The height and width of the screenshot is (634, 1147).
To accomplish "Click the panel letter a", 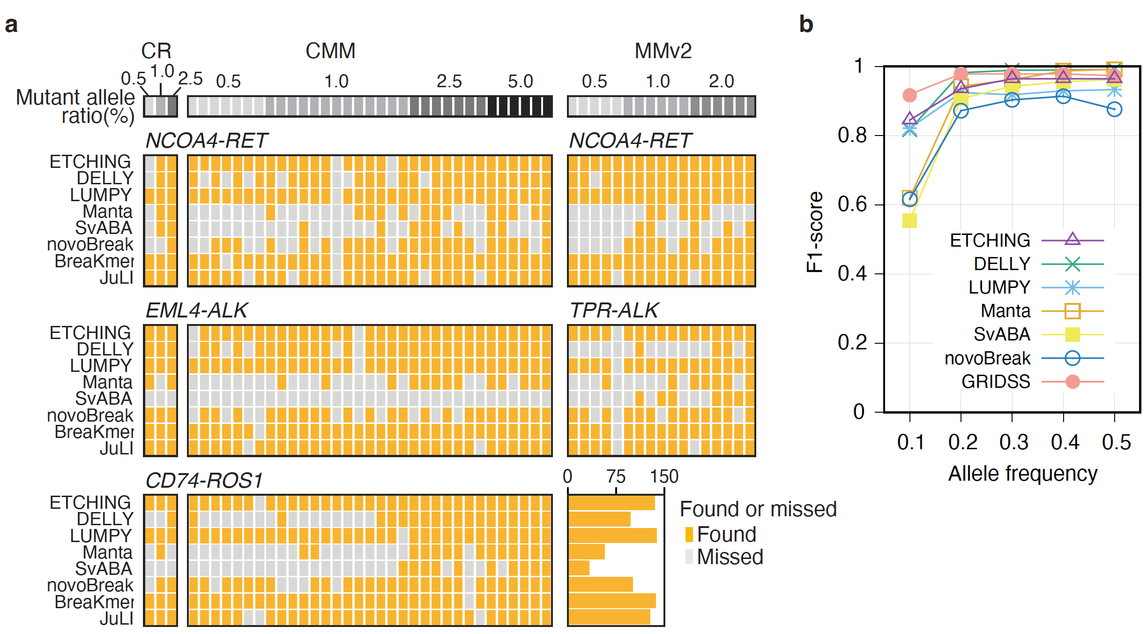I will click(x=11, y=24).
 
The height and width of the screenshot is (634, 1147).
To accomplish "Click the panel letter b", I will click(x=806, y=24).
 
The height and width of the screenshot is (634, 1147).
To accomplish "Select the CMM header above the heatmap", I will click(x=330, y=51).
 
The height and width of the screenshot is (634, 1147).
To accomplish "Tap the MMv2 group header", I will click(x=663, y=51).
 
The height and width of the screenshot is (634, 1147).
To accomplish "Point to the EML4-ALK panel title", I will click(x=196, y=310).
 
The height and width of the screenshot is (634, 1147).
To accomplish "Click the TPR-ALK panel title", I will click(x=614, y=310).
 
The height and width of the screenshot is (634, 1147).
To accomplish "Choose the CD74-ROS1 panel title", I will click(x=204, y=481).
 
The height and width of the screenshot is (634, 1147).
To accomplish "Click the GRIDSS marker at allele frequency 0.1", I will click(x=909, y=95).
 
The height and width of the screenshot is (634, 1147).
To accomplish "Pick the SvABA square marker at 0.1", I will click(x=909, y=220).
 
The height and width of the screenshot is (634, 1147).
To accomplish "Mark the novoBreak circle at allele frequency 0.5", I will click(x=1114, y=109).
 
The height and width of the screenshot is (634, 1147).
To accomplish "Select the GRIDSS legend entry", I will click(x=996, y=382).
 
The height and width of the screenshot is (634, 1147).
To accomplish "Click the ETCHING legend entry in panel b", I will click(x=990, y=241).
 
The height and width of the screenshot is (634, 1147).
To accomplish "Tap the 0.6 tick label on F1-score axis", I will click(x=852, y=204).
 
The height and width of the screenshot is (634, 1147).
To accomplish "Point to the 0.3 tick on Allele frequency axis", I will click(x=1013, y=442).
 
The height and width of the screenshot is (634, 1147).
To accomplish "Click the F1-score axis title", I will click(x=815, y=232).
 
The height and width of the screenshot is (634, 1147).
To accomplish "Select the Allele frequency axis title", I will click(x=1023, y=474).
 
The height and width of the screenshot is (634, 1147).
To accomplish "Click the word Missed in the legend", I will click(x=730, y=557).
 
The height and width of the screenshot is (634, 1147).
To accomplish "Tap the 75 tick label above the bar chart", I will click(x=616, y=476).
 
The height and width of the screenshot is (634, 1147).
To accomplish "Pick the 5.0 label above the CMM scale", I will click(x=520, y=82).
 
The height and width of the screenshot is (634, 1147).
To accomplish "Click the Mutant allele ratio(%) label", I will click(x=75, y=106).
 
